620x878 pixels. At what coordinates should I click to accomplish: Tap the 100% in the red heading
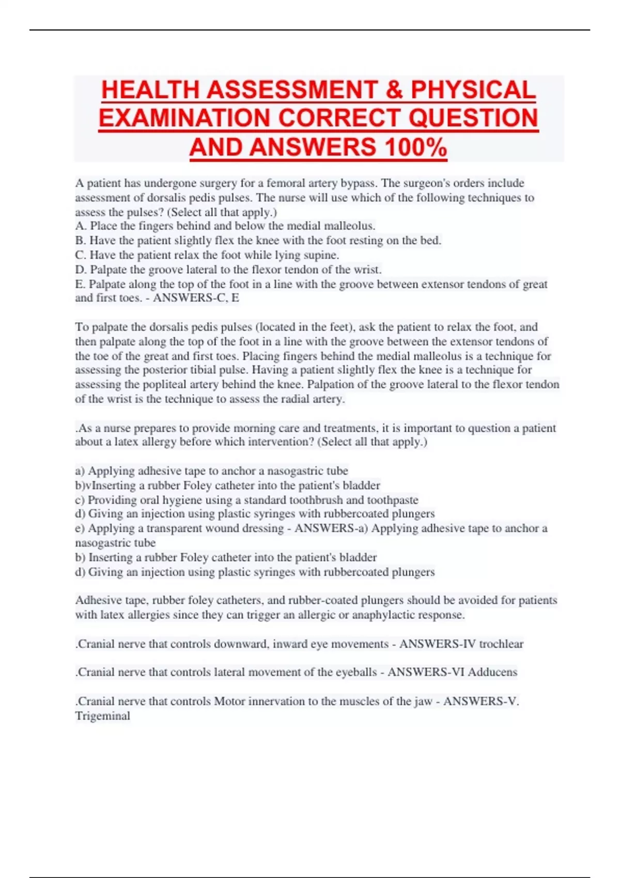pos(416,147)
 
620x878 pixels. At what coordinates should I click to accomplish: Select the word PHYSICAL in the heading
pos(473,90)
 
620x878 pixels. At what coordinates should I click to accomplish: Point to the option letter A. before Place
pos(81,226)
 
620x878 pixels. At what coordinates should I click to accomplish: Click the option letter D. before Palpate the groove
pos(81,270)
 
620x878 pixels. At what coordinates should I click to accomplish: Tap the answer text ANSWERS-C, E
pos(196,298)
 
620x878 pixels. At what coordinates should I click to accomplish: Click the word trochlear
pos(501,644)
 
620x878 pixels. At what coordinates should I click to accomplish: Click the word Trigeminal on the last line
pos(102,716)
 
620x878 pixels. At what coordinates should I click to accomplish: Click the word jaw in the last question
pos(422,701)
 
